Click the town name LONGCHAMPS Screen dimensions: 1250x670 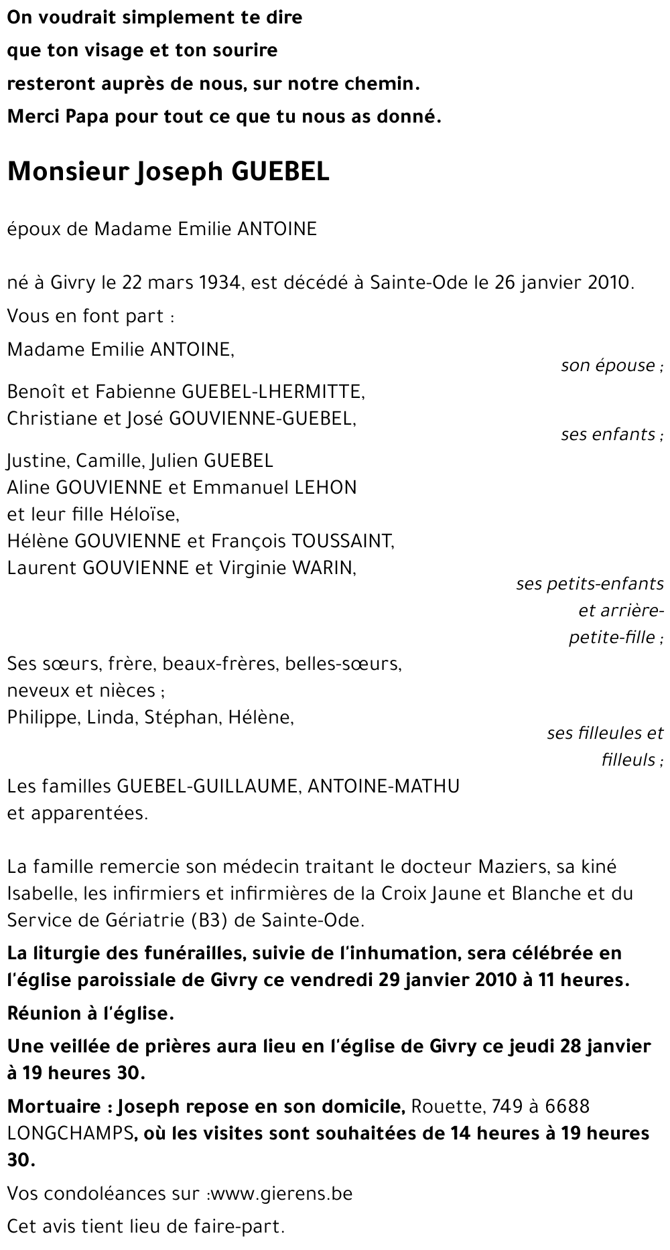coord(70,1133)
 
